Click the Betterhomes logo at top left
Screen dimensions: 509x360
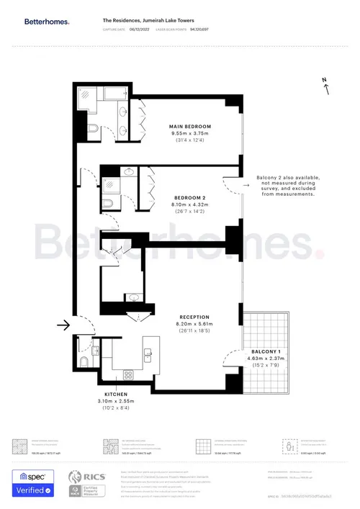[48, 22]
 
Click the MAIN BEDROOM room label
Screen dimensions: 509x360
[189, 127]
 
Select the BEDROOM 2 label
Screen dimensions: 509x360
[190, 197]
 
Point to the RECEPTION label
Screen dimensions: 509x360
[194, 317]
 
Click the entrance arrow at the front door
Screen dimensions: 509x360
[63, 325]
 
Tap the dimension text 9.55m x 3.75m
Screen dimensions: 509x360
[189, 134]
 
